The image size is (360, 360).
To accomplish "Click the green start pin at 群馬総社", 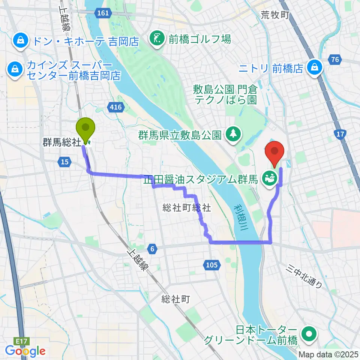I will coord(85,128).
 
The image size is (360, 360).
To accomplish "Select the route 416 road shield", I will coord(116,108).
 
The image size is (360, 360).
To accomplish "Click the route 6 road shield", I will coord(152,248).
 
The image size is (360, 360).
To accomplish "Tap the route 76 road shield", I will coord(335,59).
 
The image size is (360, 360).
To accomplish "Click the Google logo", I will coord(25,351).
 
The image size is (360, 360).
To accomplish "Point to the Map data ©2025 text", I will coord(329,354).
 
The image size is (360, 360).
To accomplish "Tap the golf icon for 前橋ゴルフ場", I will coord(155,38).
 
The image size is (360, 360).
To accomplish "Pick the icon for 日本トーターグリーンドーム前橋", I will coord(309,332).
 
